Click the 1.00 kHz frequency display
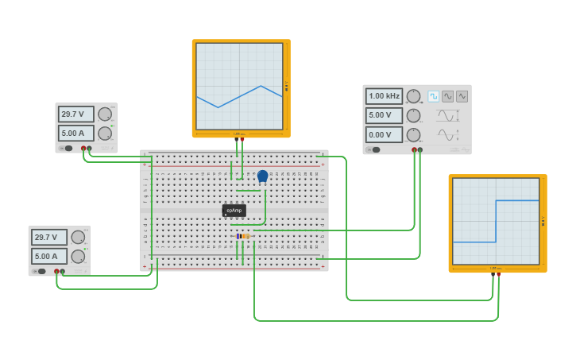point(384,96)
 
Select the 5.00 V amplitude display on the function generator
point(384,115)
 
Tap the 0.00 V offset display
point(384,135)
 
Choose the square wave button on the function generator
point(434,96)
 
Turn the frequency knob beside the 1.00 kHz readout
point(413,96)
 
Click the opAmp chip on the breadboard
point(234,211)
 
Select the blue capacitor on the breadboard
point(262,176)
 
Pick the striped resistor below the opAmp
point(243,236)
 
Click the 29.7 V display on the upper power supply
point(76,114)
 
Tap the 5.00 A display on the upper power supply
point(76,134)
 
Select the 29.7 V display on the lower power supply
point(49,237)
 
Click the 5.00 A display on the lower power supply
point(49,256)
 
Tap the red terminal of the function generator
point(414,149)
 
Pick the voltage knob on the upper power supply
point(105,114)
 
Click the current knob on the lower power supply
point(78,256)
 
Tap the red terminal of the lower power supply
point(56,271)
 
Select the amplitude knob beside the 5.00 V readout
point(413,115)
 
